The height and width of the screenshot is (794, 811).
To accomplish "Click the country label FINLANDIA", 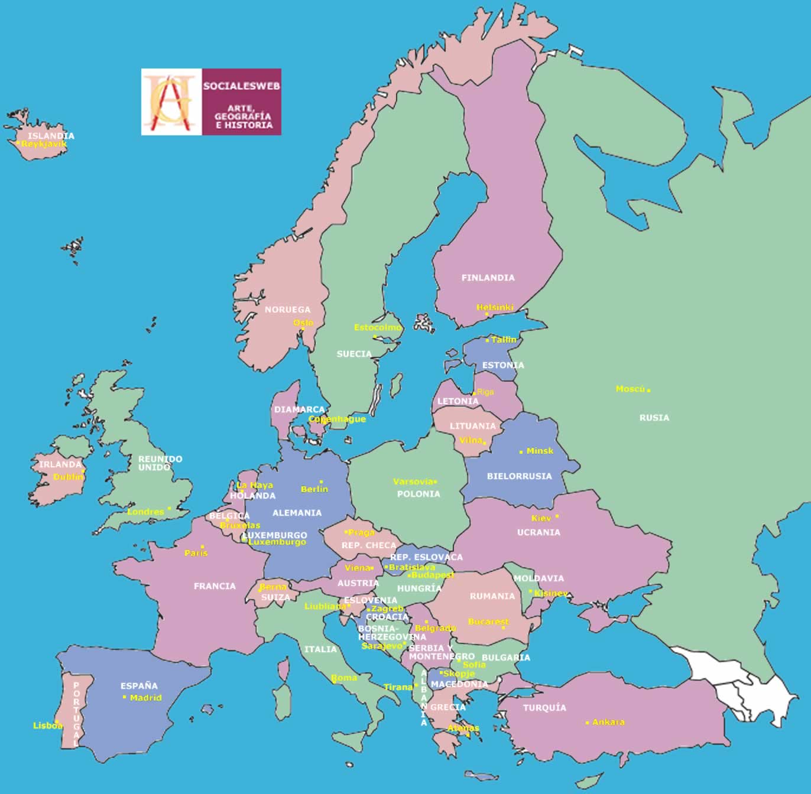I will (488, 278).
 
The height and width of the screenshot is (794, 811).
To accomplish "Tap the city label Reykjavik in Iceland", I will (44, 144).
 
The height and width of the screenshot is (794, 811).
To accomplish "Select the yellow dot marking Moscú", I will (648, 391).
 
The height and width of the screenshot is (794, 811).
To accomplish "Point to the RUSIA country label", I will (654, 418).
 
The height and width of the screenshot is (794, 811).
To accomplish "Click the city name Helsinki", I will (495, 307).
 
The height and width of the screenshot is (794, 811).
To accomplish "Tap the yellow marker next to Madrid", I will (124, 697).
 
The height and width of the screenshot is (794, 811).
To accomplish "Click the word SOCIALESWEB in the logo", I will (241, 86).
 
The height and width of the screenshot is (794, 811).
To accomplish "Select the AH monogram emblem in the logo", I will (171, 102).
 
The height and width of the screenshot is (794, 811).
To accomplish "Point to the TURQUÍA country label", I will (544, 708).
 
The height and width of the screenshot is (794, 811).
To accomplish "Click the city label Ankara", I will (608, 722).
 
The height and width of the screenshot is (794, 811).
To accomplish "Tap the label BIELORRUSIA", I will (519, 476).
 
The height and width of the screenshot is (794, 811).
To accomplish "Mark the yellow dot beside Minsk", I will (521, 452).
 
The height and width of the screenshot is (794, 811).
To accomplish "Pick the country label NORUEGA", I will (287, 310).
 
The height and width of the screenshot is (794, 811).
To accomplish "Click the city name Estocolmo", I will (377, 327).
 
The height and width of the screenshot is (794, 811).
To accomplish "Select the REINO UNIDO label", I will (160, 463).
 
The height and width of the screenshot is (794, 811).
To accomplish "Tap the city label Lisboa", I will (47, 725).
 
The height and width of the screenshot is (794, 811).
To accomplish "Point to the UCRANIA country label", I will (538, 532).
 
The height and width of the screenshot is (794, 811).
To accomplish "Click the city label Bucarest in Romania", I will (488, 621).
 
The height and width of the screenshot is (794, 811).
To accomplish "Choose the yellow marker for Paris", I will (202, 546).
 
